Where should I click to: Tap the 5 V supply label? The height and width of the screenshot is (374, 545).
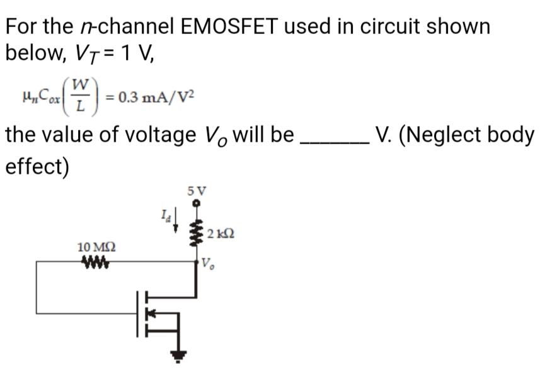click(196, 190)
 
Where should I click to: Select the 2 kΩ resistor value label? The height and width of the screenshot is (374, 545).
click(221, 234)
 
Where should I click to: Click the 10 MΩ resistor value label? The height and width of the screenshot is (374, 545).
click(91, 246)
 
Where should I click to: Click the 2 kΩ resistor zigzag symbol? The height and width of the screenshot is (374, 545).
click(196, 233)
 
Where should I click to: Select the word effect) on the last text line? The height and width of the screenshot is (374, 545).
click(37, 167)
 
